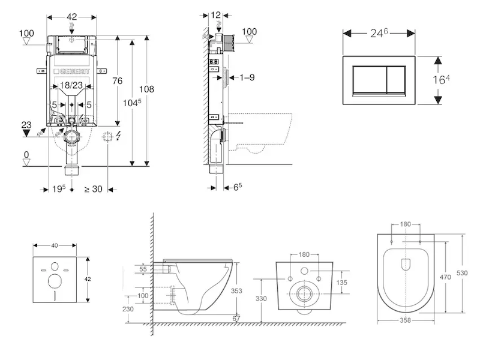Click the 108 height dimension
(147, 89)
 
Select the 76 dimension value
(118, 82)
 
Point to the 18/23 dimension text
(72, 86)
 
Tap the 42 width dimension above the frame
(71, 18)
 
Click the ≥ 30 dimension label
(93, 189)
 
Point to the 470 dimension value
(445, 278)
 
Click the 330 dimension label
(261, 298)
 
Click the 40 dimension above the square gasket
(55, 245)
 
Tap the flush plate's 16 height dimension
(441, 80)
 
